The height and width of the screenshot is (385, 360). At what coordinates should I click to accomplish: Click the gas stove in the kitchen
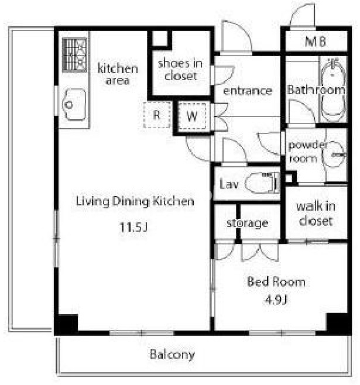point(75,55)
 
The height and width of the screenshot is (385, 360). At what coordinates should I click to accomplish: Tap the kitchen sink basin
point(74,104)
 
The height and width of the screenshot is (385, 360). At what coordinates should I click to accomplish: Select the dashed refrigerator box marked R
point(157,115)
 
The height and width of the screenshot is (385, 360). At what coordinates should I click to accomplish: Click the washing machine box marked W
point(192,116)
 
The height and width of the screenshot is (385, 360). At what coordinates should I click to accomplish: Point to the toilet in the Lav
point(262,183)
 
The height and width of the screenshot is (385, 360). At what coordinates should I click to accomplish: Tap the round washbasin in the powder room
point(334,154)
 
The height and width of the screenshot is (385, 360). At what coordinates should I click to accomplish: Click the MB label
point(316,41)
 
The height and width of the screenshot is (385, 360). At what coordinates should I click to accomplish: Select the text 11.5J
point(133,227)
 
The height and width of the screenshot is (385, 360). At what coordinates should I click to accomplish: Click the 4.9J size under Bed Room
point(276,300)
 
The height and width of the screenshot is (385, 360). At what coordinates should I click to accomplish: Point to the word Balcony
point(172,355)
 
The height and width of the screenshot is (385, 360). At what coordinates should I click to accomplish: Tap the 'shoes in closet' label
point(180,70)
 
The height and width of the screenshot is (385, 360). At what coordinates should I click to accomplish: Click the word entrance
point(248,91)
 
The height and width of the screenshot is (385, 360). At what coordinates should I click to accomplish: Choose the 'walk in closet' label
point(316,214)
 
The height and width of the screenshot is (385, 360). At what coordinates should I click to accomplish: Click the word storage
point(247,223)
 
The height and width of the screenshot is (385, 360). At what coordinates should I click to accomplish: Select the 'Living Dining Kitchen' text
point(135,202)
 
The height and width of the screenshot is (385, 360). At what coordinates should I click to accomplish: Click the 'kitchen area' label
point(118,74)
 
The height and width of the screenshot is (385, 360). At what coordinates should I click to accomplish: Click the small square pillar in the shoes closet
point(160,38)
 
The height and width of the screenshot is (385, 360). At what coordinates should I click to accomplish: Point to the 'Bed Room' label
point(276,281)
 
